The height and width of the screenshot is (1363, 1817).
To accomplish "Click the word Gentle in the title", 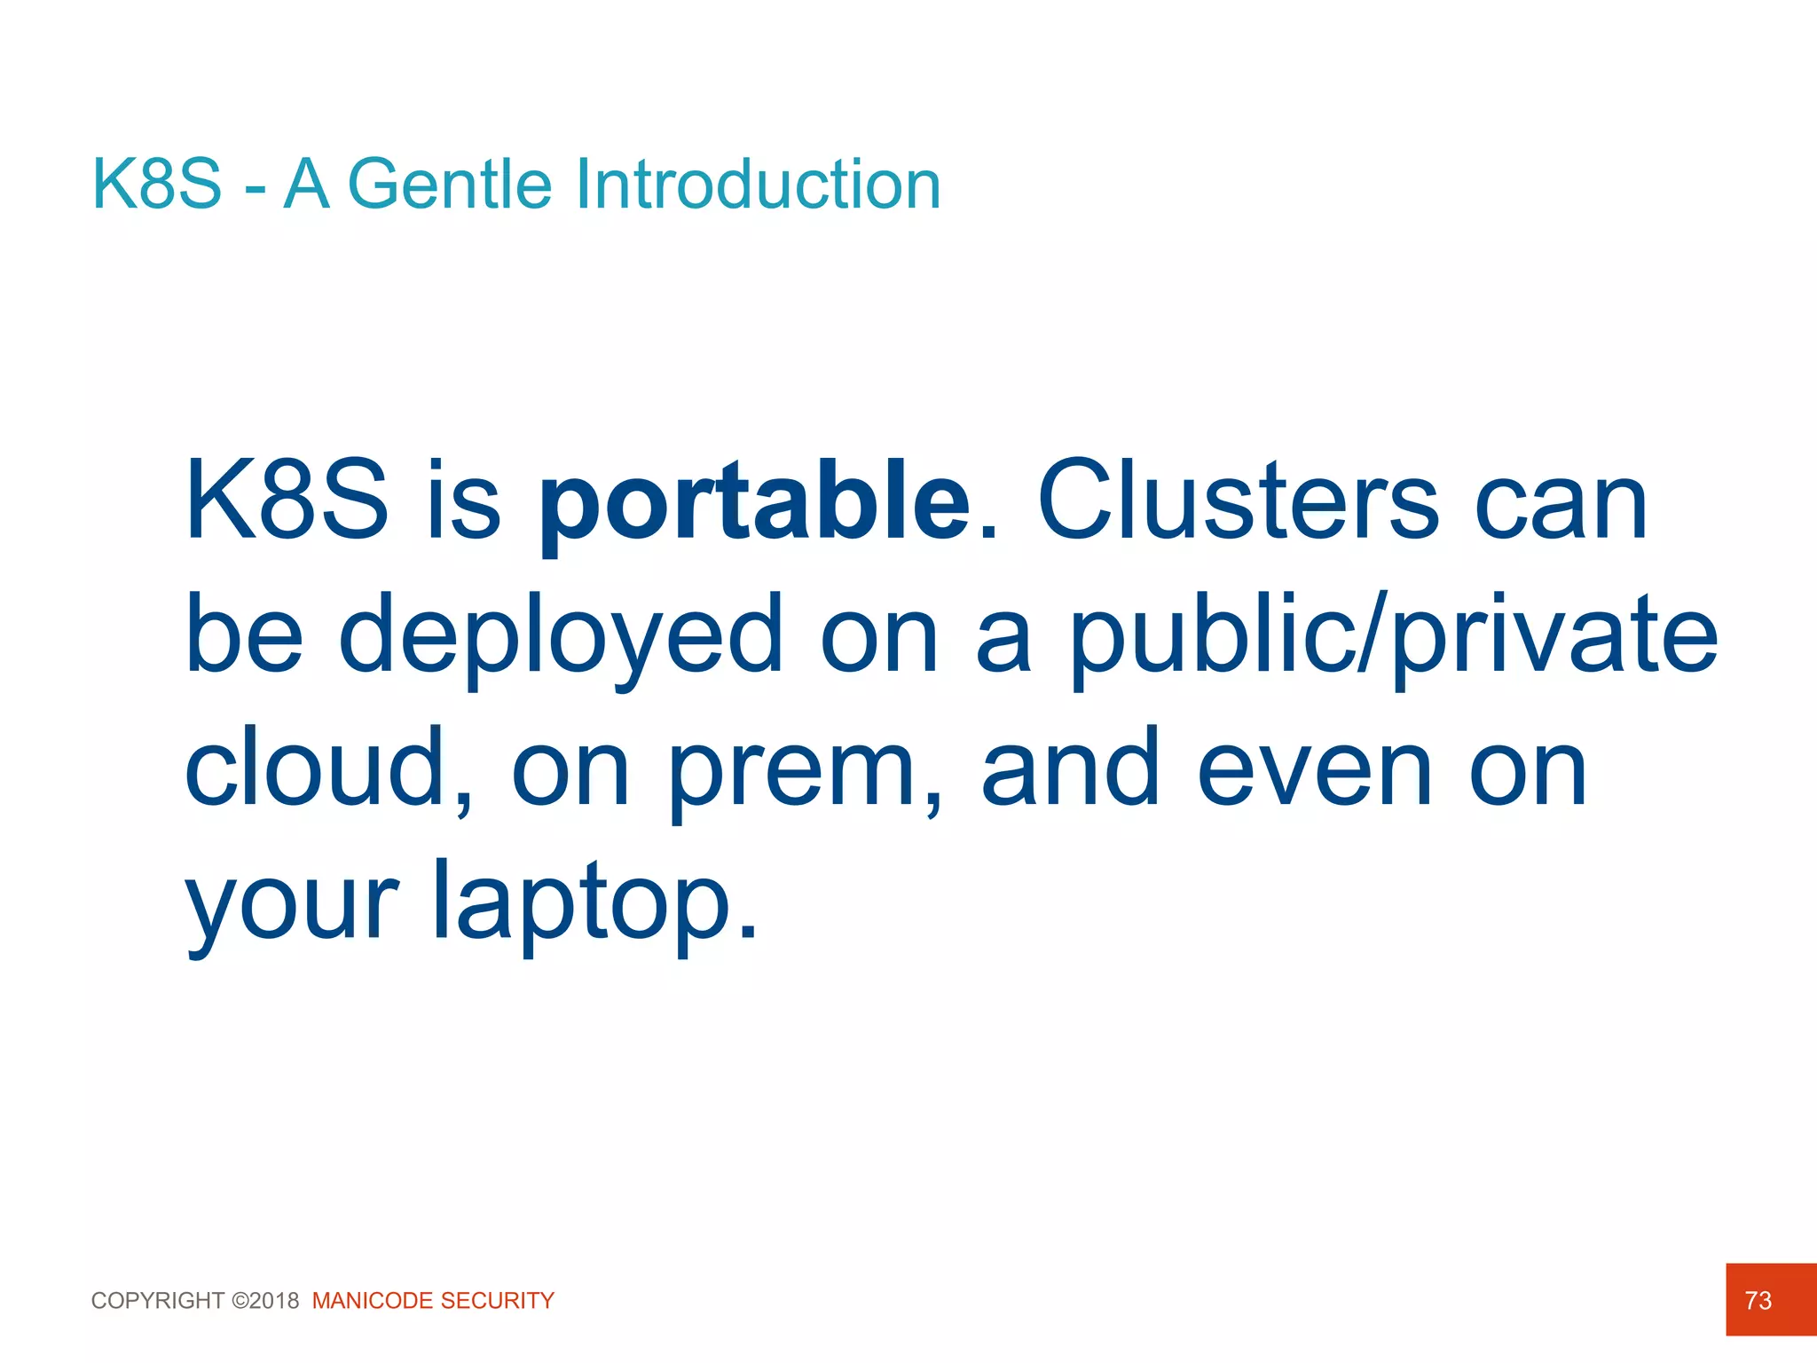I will pos(451,185).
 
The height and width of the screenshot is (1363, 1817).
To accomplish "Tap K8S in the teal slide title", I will pos(157,185).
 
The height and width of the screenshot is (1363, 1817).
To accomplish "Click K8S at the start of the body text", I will pos(287,501).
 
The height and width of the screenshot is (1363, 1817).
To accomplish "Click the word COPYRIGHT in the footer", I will pos(158,1301).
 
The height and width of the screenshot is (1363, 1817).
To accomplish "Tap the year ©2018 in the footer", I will pos(265,1301).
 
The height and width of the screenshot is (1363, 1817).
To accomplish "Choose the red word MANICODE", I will pos(373,1301).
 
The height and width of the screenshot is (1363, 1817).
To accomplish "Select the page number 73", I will pos(1758,1301).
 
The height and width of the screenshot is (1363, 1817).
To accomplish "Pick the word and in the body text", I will pos(1071,768).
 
